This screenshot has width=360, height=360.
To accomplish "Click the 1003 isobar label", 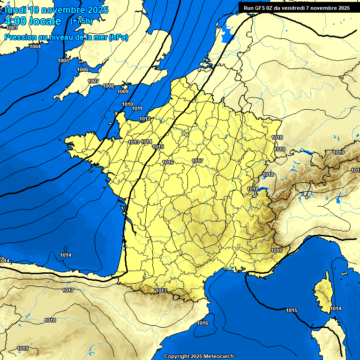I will [12, 28].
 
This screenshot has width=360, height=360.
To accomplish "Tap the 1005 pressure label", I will [63, 61].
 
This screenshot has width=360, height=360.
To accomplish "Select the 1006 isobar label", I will [82, 69].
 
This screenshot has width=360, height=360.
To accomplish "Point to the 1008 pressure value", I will [108, 86].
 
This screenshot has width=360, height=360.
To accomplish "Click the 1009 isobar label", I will [123, 91].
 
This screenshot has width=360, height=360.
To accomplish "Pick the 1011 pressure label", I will [137, 108].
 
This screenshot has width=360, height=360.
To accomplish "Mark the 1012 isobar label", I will [145, 119].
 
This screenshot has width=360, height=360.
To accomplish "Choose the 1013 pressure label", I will [134, 142].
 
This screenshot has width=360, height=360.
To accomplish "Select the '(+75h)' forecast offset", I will [81, 21].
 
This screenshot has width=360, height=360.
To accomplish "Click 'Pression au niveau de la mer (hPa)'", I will [66, 37].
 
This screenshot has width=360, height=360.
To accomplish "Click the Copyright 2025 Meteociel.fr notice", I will [199, 356].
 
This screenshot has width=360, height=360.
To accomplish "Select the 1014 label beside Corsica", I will [336, 308].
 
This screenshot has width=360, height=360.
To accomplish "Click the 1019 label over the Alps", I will [338, 153].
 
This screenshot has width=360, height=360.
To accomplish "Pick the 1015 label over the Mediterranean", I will [292, 310].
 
